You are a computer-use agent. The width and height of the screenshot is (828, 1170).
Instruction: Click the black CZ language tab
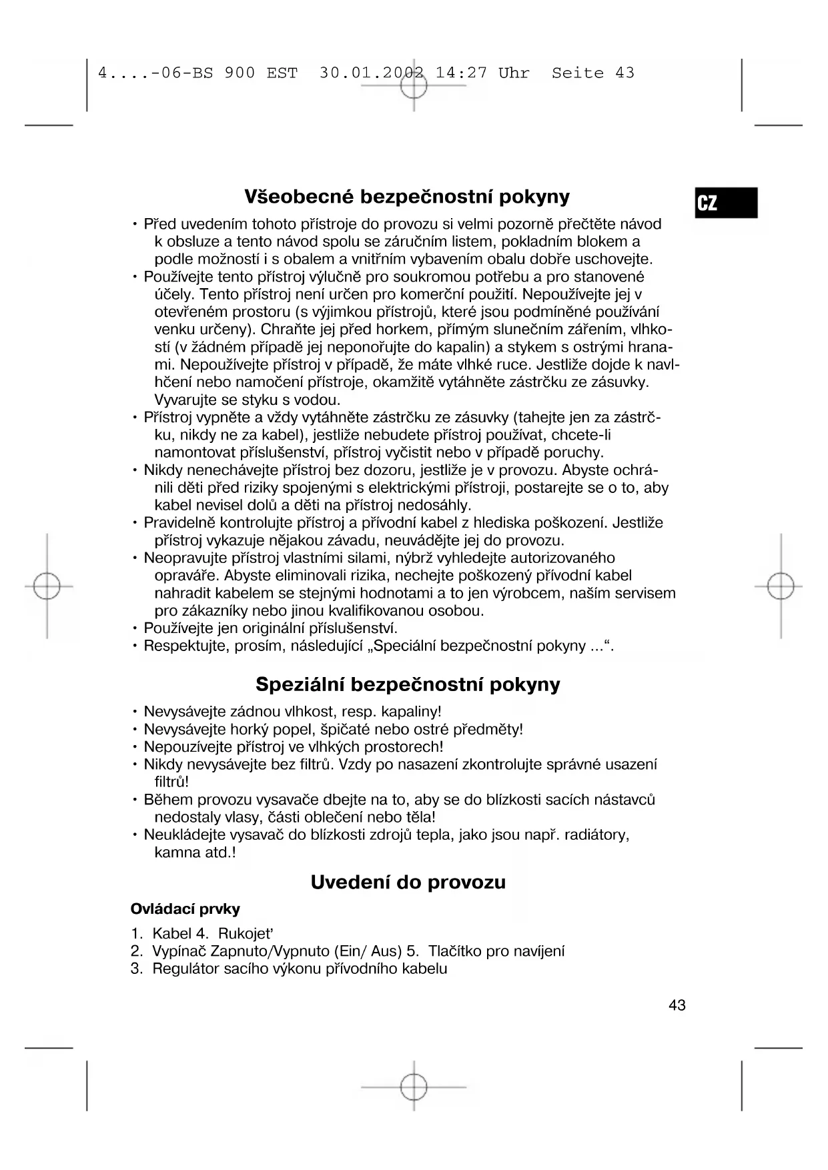point(725,203)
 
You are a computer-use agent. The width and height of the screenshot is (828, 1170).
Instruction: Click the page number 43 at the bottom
point(677,1005)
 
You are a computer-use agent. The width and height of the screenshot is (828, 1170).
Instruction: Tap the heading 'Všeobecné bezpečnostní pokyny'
point(407,197)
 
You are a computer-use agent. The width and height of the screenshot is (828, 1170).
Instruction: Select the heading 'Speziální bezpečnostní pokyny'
point(408,684)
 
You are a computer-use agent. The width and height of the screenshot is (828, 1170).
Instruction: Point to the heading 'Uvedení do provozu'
point(408,883)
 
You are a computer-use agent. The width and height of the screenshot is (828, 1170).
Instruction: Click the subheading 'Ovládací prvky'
point(185,909)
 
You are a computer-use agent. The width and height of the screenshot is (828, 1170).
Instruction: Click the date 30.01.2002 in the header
point(372,73)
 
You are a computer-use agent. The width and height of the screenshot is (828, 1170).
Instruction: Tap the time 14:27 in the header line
point(461,73)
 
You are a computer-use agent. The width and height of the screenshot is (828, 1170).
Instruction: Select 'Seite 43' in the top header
point(592,73)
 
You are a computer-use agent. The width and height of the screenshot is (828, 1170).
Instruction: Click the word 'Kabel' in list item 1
point(172,933)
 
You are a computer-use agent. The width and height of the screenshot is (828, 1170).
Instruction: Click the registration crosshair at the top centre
point(414,85)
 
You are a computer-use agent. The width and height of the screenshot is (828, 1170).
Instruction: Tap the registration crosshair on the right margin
point(780,586)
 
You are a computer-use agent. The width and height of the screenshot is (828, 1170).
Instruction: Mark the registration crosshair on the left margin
point(47,586)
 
